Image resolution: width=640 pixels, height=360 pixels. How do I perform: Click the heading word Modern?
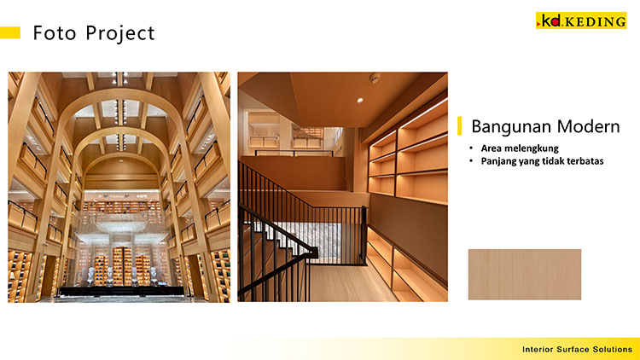point(587,127)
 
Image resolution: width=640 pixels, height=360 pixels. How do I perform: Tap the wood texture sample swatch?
point(524,274)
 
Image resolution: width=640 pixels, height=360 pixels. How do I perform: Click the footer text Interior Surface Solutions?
point(577,350)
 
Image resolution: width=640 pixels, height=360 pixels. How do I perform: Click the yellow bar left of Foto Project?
point(10,32)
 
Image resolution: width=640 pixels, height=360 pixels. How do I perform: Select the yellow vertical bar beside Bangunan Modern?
point(460,126)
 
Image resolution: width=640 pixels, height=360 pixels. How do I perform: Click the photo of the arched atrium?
point(119,186)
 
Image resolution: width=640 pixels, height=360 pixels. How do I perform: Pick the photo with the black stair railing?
point(342,186)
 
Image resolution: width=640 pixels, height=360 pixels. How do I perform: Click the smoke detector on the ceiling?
point(375,79)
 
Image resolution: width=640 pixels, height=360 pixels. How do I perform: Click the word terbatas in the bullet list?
point(585,160)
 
